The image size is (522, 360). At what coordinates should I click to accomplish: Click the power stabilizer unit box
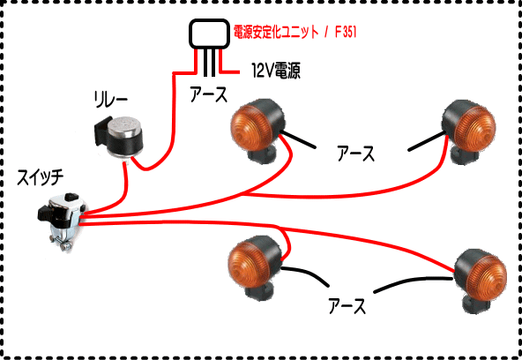pos(209,33)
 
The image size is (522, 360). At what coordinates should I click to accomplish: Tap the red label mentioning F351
pos(295,33)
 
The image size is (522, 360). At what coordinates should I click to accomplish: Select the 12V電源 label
pos(276,71)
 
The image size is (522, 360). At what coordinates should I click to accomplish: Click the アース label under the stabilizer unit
pos(209,94)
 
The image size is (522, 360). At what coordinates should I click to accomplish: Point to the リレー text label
pos(111,100)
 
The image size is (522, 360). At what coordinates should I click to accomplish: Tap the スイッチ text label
pos(40,177)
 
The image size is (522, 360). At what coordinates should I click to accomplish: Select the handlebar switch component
pos(61,220)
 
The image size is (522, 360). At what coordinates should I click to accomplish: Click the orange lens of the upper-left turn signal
pos(252,129)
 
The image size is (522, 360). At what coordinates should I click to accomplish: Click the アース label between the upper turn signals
pos(355,154)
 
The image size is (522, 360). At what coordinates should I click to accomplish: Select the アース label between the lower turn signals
pos(347,306)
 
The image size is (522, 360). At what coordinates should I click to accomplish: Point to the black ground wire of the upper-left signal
pos(298,140)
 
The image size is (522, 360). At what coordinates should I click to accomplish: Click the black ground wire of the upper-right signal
pos(428,141)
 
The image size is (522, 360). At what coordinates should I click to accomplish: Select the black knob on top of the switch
pos(71,197)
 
